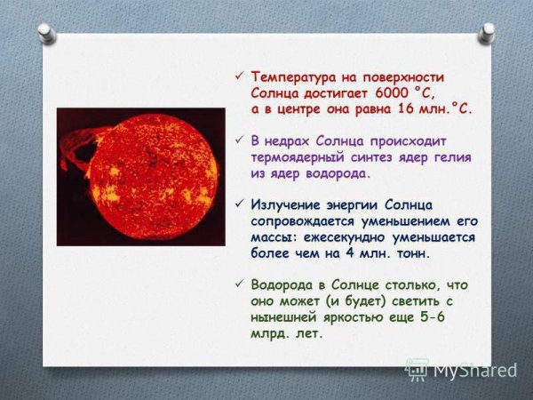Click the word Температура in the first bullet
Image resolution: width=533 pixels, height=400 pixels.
pyautogui.click(x=292, y=76)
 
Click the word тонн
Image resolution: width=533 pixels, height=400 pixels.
pyautogui.click(x=411, y=253)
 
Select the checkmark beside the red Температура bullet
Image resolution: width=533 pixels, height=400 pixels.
pyautogui.click(x=236, y=76)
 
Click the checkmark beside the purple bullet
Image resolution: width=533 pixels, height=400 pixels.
pyautogui.click(x=236, y=140)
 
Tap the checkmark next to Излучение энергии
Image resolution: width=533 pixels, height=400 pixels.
pyautogui.click(x=236, y=205)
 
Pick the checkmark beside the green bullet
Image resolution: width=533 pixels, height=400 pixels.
pyautogui.click(x=236, y=285)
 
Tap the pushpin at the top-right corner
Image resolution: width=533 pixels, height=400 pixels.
pyautogui.click(x=487, y=32)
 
